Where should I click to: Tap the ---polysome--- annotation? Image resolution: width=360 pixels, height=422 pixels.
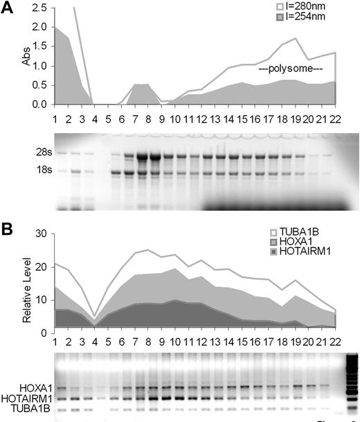point(291,70)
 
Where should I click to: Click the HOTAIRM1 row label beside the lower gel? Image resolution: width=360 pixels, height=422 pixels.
point(26,398)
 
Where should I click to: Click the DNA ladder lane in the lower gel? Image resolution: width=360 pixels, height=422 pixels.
point(348,385)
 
